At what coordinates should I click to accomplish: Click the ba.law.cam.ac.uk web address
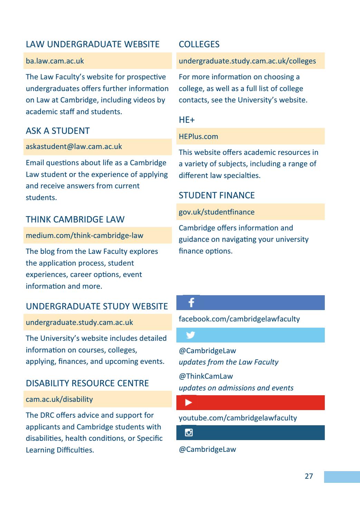click(55, 61)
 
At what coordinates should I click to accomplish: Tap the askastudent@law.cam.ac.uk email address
click(74, 147)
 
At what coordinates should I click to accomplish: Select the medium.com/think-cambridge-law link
click(85, 236)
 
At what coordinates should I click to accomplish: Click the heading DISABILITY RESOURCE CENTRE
click(87, 383)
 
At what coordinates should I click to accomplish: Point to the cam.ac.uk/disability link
click(59, 399)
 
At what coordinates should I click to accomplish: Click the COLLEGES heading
click(199, 44)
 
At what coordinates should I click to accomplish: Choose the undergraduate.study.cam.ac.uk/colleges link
click(247, 61)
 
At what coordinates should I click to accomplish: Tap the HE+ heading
click(187, 120)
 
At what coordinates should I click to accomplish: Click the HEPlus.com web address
click(198, 137)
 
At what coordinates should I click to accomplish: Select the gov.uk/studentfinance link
click(216, 212)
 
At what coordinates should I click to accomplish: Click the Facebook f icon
click(191, 303)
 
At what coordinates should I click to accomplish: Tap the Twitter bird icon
click(191, 335)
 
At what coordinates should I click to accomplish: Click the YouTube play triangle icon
click(189, 402)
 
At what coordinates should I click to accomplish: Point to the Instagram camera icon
click(189, 433)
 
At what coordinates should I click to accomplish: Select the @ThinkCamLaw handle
click(206, 376)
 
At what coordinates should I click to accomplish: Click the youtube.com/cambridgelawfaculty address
click(238, 418)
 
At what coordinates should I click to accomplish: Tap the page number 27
click(309, 476)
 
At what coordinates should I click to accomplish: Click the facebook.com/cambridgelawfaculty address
click(239, 319)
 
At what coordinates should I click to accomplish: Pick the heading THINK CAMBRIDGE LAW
click(75, 220)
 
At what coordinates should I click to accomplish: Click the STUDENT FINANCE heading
click(217, 196)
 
